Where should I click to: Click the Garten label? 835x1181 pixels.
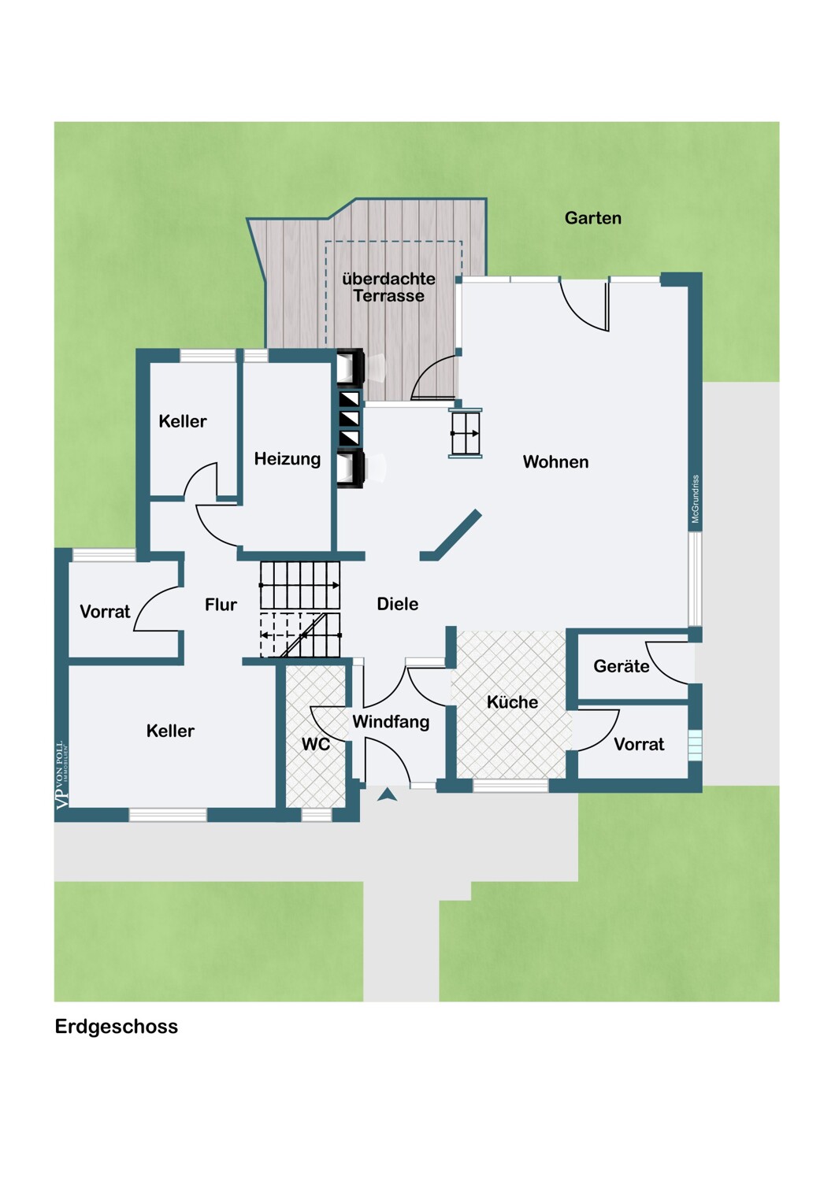point(592,218)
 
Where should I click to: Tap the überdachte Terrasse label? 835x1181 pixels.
point(388,287)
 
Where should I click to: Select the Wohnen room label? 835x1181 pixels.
point(555,462)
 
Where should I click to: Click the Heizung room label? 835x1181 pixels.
point(287,459)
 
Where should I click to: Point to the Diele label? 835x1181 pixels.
point(397,604)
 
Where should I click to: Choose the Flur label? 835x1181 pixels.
point(221,605)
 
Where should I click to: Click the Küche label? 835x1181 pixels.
point(512,702)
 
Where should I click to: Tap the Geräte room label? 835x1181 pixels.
point(621,667)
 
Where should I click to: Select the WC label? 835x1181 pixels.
point(315,744)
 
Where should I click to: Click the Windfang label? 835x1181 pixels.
point(391,722)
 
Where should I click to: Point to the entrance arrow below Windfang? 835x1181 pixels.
point(387,795)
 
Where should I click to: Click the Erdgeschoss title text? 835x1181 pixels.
point(117,1027)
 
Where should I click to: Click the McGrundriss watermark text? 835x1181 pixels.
point(696,499)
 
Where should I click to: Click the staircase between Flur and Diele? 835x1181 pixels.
point(300,609)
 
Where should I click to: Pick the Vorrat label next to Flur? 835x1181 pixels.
point(105,612)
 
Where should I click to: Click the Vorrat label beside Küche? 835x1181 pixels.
point(639,745)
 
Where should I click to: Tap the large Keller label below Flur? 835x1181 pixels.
point(170,731)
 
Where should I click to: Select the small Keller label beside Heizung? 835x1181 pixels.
point(182,421)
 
